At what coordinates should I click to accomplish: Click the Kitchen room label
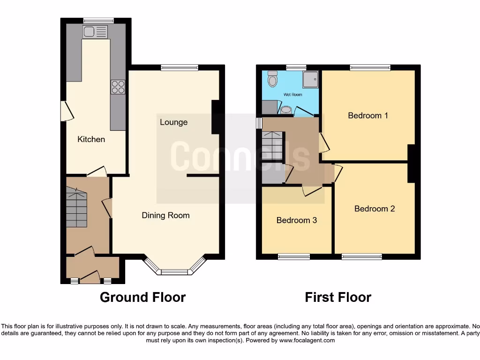(91, 139)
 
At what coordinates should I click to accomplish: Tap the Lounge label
(173, 122)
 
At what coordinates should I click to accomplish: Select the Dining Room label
(165, 216)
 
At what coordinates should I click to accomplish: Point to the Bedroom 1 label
(367, 115)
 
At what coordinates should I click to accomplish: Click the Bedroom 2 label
(374, 209)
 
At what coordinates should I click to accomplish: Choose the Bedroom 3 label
(296, 220)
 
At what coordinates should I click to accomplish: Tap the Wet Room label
(290, 95)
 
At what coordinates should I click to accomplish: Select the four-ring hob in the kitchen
(118, 87)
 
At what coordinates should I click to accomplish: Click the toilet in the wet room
(272, 80)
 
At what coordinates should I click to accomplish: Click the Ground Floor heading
(142, 297)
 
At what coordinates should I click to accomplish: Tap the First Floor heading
(338, 297)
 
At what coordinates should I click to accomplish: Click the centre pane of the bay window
(174, 272)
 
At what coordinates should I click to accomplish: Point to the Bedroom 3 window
(294, 256)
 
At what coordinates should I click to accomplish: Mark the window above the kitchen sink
(98, 20)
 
